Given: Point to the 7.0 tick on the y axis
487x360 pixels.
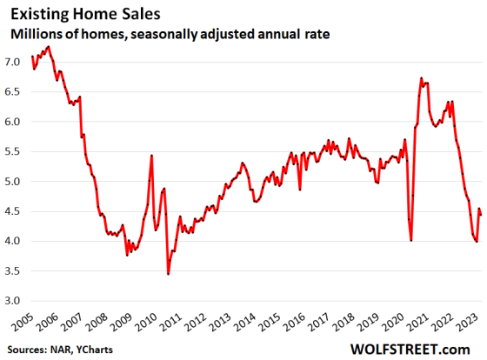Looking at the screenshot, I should tap(12, 63).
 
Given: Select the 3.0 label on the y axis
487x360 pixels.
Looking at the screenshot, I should tap(12, 301).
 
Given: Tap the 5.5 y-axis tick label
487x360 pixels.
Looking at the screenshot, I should tap(12, 152).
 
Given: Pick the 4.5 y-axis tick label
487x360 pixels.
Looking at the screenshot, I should tap(12, 211).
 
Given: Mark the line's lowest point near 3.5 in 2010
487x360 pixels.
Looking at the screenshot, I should tap(168, 274).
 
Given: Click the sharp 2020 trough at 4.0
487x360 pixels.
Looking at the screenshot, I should tap(410, 241).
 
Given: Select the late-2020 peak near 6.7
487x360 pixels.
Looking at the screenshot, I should tap(421, 78).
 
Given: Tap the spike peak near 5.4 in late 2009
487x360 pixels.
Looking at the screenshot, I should tap(152, 156).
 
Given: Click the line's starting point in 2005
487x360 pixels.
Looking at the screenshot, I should tap(32, 57).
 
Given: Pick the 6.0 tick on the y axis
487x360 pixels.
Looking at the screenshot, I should tap(12, 122).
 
